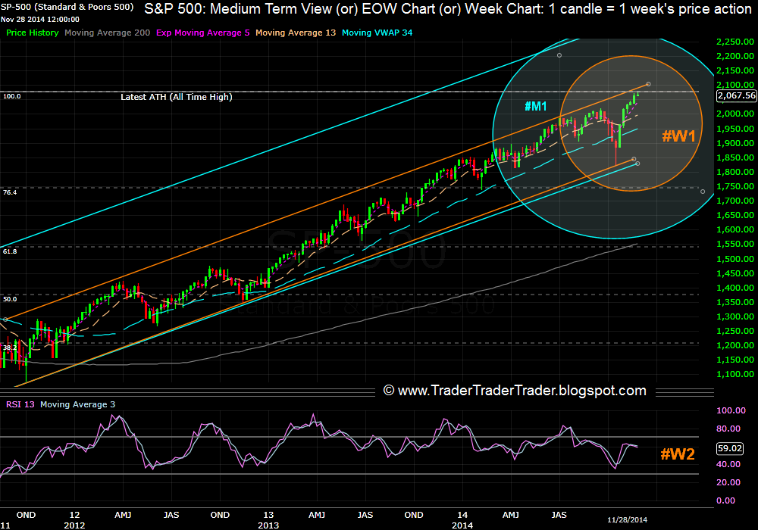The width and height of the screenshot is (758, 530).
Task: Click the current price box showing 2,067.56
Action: click(x=736, y=95)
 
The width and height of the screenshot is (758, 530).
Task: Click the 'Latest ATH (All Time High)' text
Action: click(x=177, y=97)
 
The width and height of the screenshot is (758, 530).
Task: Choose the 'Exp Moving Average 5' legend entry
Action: click(x=202, y=33)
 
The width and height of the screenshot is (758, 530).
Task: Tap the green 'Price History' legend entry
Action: click(x=33, y=33)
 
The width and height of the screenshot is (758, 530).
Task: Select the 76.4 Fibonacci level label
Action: click(x=10, y=193)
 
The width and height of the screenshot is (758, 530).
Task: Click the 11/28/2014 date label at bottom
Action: click(x=628, y=521)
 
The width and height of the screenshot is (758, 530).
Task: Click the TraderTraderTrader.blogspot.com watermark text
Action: click(x=515, y=391)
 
